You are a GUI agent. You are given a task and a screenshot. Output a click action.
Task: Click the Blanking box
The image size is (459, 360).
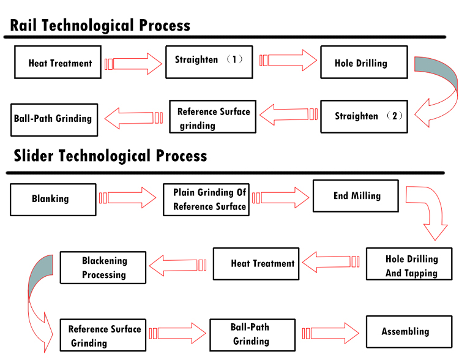pos(53,200)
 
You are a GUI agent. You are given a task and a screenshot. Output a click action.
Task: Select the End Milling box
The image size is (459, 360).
pos(356,196)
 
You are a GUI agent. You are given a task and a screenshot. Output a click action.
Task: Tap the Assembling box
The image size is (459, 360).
pos(409,332)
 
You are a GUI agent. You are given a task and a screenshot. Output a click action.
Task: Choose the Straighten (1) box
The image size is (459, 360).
pos(209,62)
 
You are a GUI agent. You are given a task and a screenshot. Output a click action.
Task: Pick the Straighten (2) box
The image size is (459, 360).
pos(364,116)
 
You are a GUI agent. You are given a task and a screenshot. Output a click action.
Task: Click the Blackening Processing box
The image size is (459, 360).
pos(103,268)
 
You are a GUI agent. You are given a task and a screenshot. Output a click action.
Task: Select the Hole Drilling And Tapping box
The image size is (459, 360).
pos(409,264)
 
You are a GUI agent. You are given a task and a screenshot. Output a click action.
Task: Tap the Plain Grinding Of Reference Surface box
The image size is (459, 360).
pos(206,200)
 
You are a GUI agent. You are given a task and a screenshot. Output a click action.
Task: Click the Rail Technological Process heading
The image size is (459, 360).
pos(100,25)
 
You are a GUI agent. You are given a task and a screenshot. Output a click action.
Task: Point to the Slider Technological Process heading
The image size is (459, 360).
pos(110,156)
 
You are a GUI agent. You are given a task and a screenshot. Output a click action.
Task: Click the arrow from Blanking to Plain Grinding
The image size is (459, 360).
pos(128,198)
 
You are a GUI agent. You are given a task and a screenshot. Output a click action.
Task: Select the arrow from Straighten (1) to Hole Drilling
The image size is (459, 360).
pos(288,61)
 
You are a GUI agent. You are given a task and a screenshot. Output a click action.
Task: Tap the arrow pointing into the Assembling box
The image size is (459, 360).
pos(330,333)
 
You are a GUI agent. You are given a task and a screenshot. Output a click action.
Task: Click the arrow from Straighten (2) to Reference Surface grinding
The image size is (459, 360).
pos(289,114)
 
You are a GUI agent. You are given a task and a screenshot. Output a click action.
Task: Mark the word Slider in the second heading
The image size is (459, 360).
pos(34,156)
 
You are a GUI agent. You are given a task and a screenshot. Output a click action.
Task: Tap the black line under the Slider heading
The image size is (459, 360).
pos(225,173)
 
